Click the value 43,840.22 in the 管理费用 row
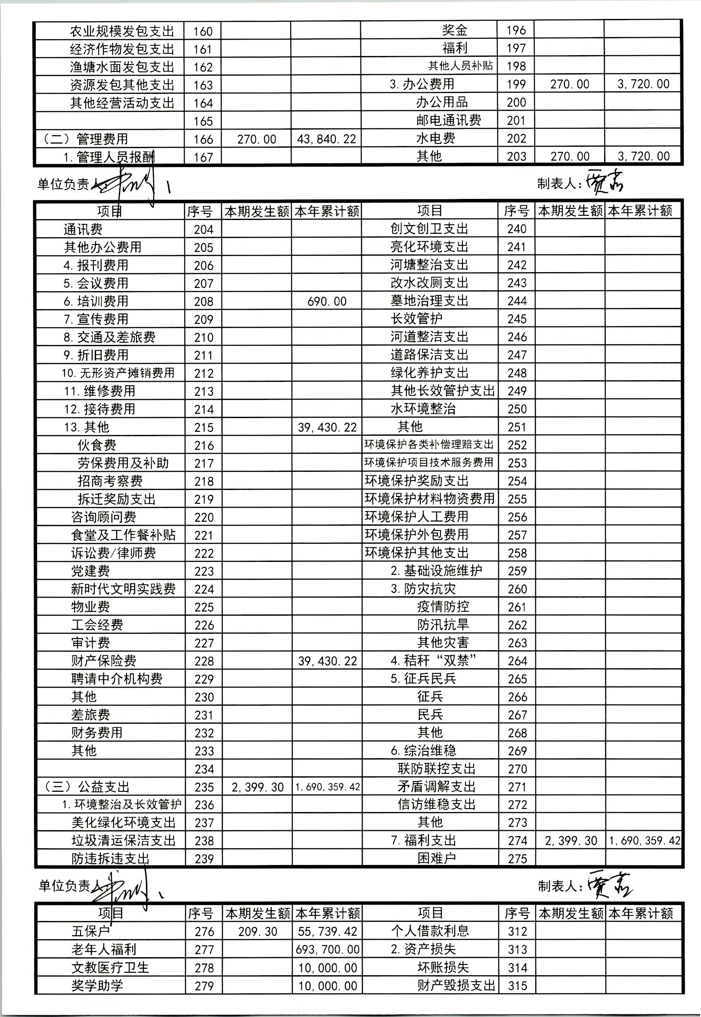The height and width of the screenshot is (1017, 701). point(326,139)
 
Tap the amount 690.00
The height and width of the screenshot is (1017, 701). point(327,301)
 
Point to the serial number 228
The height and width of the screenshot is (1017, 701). point(204,661)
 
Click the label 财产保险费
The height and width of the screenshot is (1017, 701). point(104,661)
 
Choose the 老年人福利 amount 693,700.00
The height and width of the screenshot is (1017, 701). point(328,950)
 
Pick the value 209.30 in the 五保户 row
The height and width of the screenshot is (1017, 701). point(257,932)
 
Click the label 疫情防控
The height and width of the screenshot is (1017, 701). point(443,607)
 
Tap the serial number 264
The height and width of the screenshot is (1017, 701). point(517,661)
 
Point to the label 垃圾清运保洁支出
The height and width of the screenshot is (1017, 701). point(124,841)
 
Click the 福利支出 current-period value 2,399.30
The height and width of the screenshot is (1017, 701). point(571,841)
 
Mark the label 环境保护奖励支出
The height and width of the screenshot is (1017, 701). point(416,481)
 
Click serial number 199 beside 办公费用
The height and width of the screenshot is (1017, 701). point(516,84)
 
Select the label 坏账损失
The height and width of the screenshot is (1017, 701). point(443,967)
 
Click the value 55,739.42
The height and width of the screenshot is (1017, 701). point(328,932)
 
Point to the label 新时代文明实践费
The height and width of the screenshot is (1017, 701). point(124,589)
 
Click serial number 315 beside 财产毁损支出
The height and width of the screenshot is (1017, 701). point(518,986)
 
